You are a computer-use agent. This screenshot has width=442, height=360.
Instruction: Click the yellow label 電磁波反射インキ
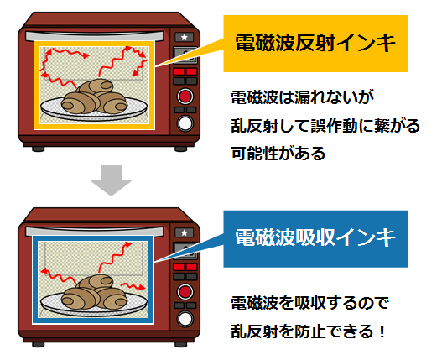[315, 44]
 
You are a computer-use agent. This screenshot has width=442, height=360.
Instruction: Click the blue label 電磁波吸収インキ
[315, 238]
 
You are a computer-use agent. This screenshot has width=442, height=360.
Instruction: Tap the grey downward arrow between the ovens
[111, 180]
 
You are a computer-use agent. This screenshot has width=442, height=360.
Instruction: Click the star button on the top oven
[185, 37]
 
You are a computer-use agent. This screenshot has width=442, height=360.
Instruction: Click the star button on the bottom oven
[185, 232]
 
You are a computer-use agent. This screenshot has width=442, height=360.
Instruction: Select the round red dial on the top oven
[185, 96]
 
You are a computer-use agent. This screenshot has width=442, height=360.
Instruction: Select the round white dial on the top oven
[185, 123]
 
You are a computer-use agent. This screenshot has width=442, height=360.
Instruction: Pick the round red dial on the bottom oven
[185, 291]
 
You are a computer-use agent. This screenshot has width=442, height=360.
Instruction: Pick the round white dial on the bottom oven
[185, 319]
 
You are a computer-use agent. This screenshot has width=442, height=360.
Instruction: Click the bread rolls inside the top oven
[94, 97]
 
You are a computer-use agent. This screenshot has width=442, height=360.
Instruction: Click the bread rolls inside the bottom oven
[94, 292]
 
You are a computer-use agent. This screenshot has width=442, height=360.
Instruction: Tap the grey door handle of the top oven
[95, 36]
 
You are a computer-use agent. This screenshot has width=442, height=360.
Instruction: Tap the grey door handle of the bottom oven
[95, 232]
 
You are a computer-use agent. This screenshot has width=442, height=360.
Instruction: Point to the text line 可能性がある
[278, 154]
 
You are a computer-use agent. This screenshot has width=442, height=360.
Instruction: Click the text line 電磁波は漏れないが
[303, 97]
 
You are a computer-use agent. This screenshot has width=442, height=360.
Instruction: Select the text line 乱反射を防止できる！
[308, 331]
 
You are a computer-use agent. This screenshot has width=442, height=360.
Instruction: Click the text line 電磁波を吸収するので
[309, 303]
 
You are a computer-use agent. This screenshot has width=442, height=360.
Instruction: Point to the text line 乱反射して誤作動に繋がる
[325, 126]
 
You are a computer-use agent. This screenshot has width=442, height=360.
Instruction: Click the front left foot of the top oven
[38, 149]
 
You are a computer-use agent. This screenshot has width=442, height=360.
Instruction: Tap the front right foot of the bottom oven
[180, 344]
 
